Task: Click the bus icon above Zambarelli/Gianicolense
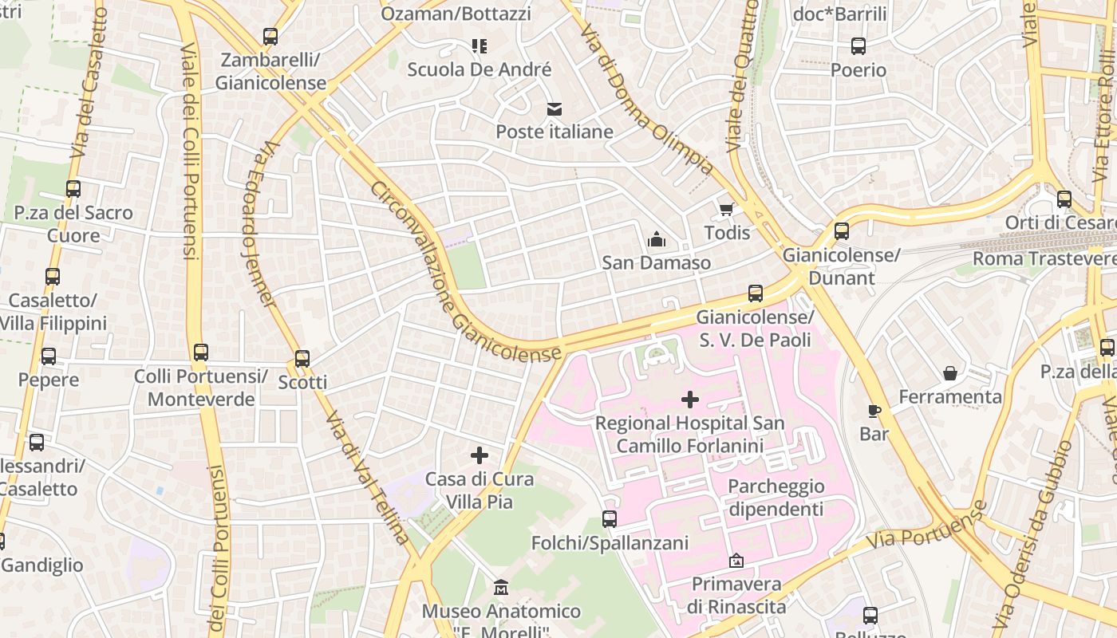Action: pos(270,37)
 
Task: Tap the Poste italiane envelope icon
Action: pos(555,108)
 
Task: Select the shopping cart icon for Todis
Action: pos(727,209)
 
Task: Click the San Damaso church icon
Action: pos(656,239)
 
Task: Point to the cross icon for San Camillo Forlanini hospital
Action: pos(690,400)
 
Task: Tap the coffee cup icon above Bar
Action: pos(874,411)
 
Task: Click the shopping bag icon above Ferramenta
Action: pos(950,373)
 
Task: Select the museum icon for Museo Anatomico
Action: pos(501,588)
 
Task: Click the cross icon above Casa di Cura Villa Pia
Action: pos(479,455)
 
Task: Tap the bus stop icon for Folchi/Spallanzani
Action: pos(610,519)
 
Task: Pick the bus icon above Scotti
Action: pos(302,359)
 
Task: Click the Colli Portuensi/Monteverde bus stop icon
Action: pos(201,352)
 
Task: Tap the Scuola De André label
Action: pos(479,69)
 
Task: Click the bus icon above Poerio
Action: pos(858,46)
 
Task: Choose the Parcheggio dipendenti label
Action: pos(776,498)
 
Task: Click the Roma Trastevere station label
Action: pos(1044,258)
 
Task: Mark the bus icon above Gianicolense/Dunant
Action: pos(842,231)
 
